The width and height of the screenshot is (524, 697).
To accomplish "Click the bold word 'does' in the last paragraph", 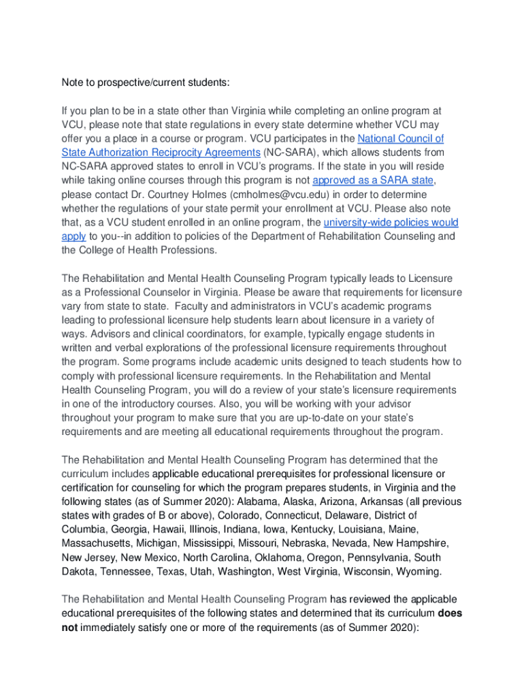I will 450,613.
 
